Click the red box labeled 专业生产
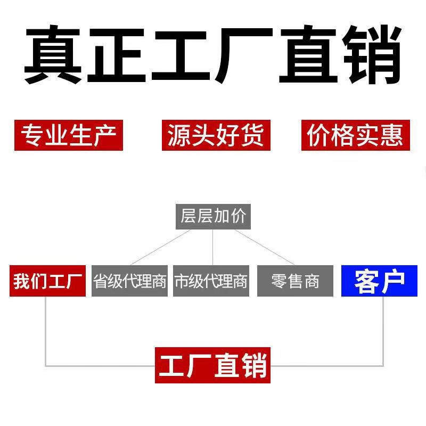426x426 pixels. [x=68, y=135]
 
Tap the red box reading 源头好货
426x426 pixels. [x=216, y=135]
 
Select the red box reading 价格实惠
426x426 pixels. [x=356, y=135]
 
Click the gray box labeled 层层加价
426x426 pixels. [x=213, y=217]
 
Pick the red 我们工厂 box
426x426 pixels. [x=47, y=281]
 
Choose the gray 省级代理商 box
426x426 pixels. [x=130, y=281]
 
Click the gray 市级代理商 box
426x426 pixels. [x=211, y=281]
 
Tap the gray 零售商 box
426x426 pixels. [x=296, y=281]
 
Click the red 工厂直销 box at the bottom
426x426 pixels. [x=213, y=365]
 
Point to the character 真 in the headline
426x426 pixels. [x=53, y=53]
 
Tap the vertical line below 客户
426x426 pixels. [x=383, y=330]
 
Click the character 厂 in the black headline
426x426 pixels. [x=245, y=53]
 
